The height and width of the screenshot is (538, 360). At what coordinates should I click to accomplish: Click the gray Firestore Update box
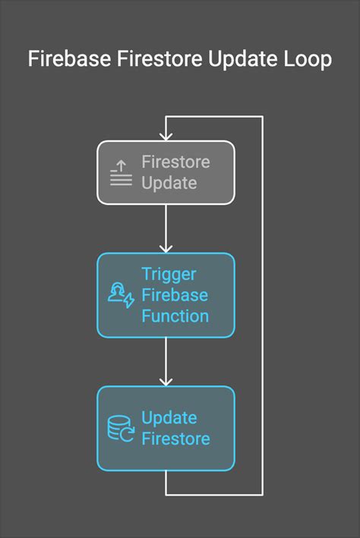pyautogui.click(x=166, y=172)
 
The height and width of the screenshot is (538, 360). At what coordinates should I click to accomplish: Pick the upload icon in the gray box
pyautogui.click(x=121, y=173)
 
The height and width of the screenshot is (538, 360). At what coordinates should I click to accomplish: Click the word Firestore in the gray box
pyautogui.click(x=175, y=162)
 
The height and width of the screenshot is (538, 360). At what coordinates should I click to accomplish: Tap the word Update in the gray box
pyautogui.click(x=169, y=183)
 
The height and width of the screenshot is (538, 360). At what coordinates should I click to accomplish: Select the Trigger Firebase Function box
pyautogui.click(x=166, y=294)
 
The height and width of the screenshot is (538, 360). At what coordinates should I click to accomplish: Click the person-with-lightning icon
pyautogui.click(x=121, y=295)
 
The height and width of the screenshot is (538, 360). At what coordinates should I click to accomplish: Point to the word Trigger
pyautogui.click(x=169, y=274)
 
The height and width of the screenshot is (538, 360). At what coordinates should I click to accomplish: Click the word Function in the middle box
pyautogui.click(x=175, y=316)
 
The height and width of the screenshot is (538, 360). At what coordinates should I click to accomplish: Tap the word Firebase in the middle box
pyautogui.click(x=175, y=294)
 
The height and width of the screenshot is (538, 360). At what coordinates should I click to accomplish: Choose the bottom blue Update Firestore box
pyautogui.click(x=166, y=428)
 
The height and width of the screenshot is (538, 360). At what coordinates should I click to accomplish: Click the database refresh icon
pyautogui.click(x=121, y=429)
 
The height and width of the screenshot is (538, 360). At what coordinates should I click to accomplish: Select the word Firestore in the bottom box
pyautogui.click(x=175, y=439)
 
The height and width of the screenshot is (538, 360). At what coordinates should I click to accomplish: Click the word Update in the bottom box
pyautogui.click(x=169, y=418)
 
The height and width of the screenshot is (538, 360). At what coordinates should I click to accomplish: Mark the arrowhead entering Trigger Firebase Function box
pyautogui.click(x=166, y=248)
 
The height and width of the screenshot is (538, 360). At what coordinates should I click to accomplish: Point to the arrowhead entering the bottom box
pyautogui.click(x=166, y=381)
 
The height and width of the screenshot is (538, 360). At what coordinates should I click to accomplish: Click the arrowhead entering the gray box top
pyautogui.click(x=166, y=137)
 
